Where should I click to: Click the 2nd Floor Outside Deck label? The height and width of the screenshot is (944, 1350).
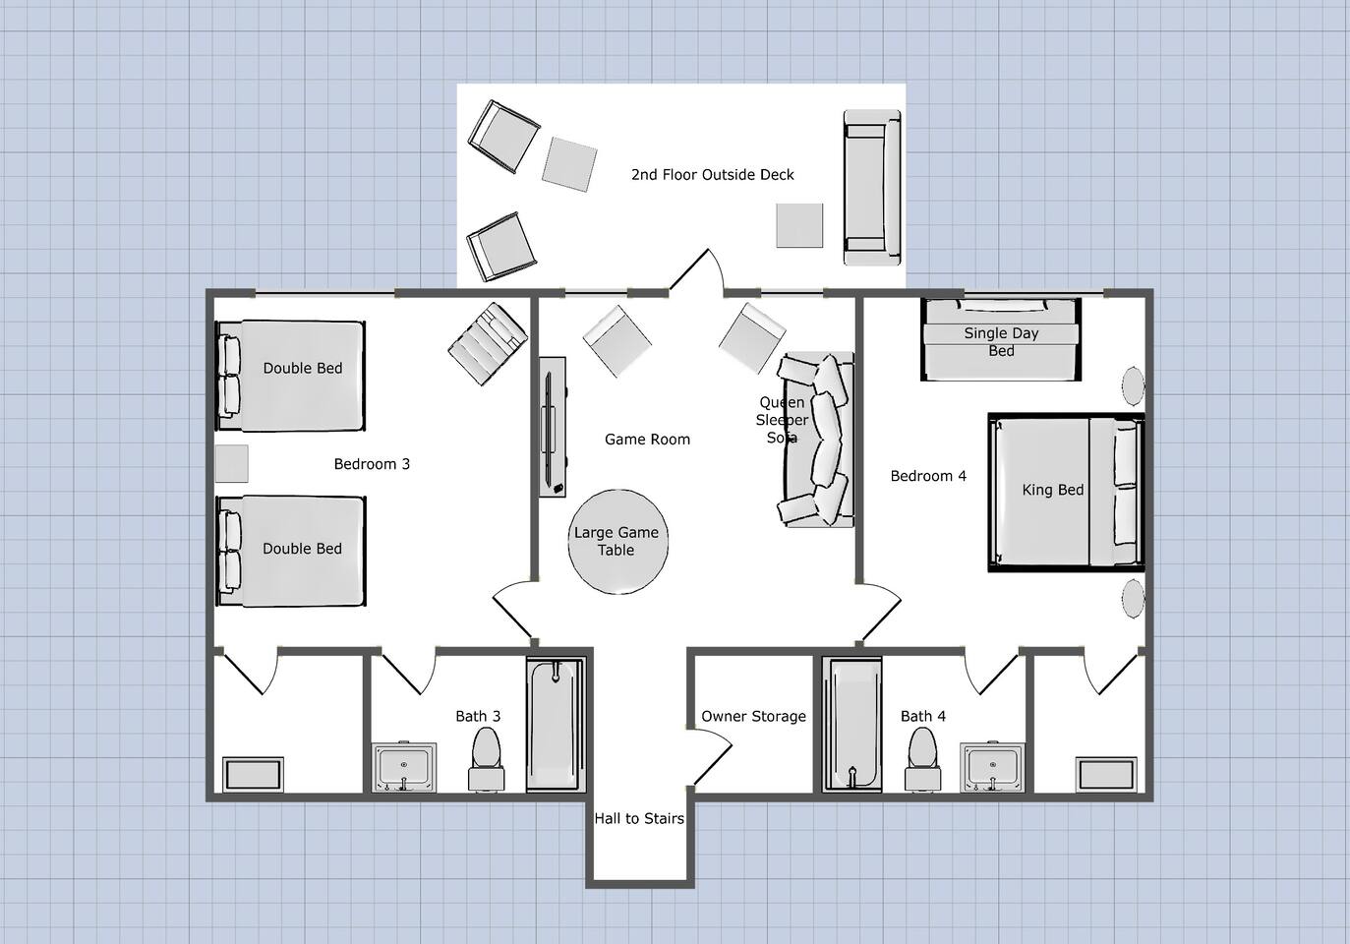(x=713, y=175)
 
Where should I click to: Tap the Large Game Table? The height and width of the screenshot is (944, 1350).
(x=617, y=541)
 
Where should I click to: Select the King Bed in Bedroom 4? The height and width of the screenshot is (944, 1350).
(x=1066, y=492)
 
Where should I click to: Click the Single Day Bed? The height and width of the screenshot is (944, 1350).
(x=1001, y=339)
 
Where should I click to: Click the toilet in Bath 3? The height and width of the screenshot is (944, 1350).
(x=487, y=759)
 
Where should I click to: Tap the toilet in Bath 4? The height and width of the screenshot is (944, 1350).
(x=922, y=759)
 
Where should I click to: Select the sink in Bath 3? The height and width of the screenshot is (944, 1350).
(x=404, y=767)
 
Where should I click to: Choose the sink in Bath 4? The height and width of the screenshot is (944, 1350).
(x=993, y=767)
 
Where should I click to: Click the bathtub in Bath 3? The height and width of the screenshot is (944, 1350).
(x=556, y=724)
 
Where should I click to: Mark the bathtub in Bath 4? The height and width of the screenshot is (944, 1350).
(x=851, y=724)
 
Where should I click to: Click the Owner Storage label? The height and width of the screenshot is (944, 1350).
(x=753, y=716)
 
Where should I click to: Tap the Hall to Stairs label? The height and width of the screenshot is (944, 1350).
(x=639, y=818)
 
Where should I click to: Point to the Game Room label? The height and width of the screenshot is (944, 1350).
(x=647, y=440)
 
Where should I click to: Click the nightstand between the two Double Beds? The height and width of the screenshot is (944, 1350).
(x=231, y=463)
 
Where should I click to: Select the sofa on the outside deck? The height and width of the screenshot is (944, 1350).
(x=872, y=188)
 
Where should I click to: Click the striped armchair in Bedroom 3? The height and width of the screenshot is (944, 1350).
(x=488, y=343)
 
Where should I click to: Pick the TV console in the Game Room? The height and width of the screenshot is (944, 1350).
(x=552, y=427)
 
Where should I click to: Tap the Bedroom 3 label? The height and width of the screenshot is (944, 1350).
(x=372, y=464)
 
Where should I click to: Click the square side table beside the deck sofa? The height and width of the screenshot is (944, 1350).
(x=799, y=225)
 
